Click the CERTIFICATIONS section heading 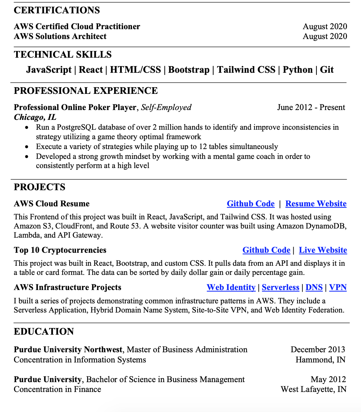tap(57, 10)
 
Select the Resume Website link tap(316, 204)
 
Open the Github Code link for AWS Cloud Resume tap(250, 204)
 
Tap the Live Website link tap(323, 250)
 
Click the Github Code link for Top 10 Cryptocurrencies tap(266, 250)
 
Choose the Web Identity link tap(231, 287)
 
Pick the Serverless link tap(280, 287)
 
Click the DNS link tap(314, 287)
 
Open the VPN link tap(337, 287)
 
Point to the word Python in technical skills tap(297, 70)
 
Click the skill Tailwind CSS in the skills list tap(246, 70)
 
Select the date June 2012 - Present tap(311, 107)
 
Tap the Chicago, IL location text tap(35, 117)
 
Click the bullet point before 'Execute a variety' tap(27, 147)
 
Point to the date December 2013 tap(318, 349)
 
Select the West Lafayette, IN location tap(313, 389)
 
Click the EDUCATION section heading tap(44, 331)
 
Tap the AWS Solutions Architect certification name tap(60, 36)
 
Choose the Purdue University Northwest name tap(68, 349)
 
